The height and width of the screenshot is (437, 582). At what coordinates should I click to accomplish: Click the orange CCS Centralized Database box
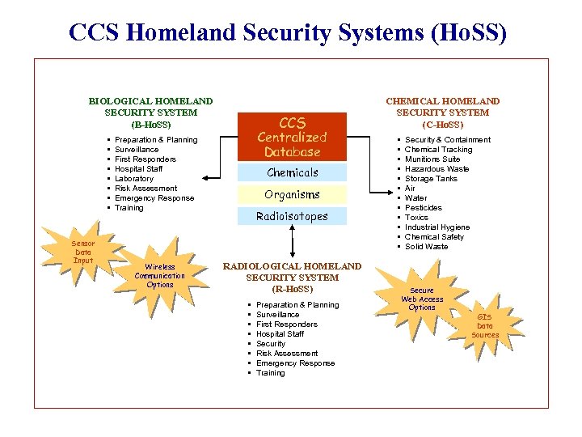(x=292, y=137)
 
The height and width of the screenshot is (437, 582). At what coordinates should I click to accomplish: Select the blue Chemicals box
(x=292, y=172)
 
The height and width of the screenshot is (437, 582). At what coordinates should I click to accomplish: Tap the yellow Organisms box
(x=292, y=194)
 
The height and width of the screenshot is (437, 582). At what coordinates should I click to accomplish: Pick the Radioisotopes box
(x=292, y=216)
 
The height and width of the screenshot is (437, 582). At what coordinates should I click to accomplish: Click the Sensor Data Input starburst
(x=83, y=252)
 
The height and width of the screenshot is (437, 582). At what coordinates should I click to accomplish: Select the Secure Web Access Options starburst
(x=422, y=299)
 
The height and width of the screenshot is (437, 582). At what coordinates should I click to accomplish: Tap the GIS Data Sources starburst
(x=485, y=325)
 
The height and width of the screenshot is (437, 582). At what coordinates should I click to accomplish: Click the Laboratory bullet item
(x=134, y=179)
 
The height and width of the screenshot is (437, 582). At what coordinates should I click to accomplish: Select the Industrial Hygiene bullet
(x=437, y=227)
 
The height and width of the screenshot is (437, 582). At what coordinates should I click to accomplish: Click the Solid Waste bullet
(x=426, y=247)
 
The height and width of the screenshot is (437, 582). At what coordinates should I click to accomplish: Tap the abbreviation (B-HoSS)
(x=150, y=125)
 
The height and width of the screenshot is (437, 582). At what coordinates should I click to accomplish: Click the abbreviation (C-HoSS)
(x=442, y=125)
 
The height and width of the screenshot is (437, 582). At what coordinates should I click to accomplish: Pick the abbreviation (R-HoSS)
(x=292, y=289)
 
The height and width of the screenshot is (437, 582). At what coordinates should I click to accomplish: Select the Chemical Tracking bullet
(x=438, y=150)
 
